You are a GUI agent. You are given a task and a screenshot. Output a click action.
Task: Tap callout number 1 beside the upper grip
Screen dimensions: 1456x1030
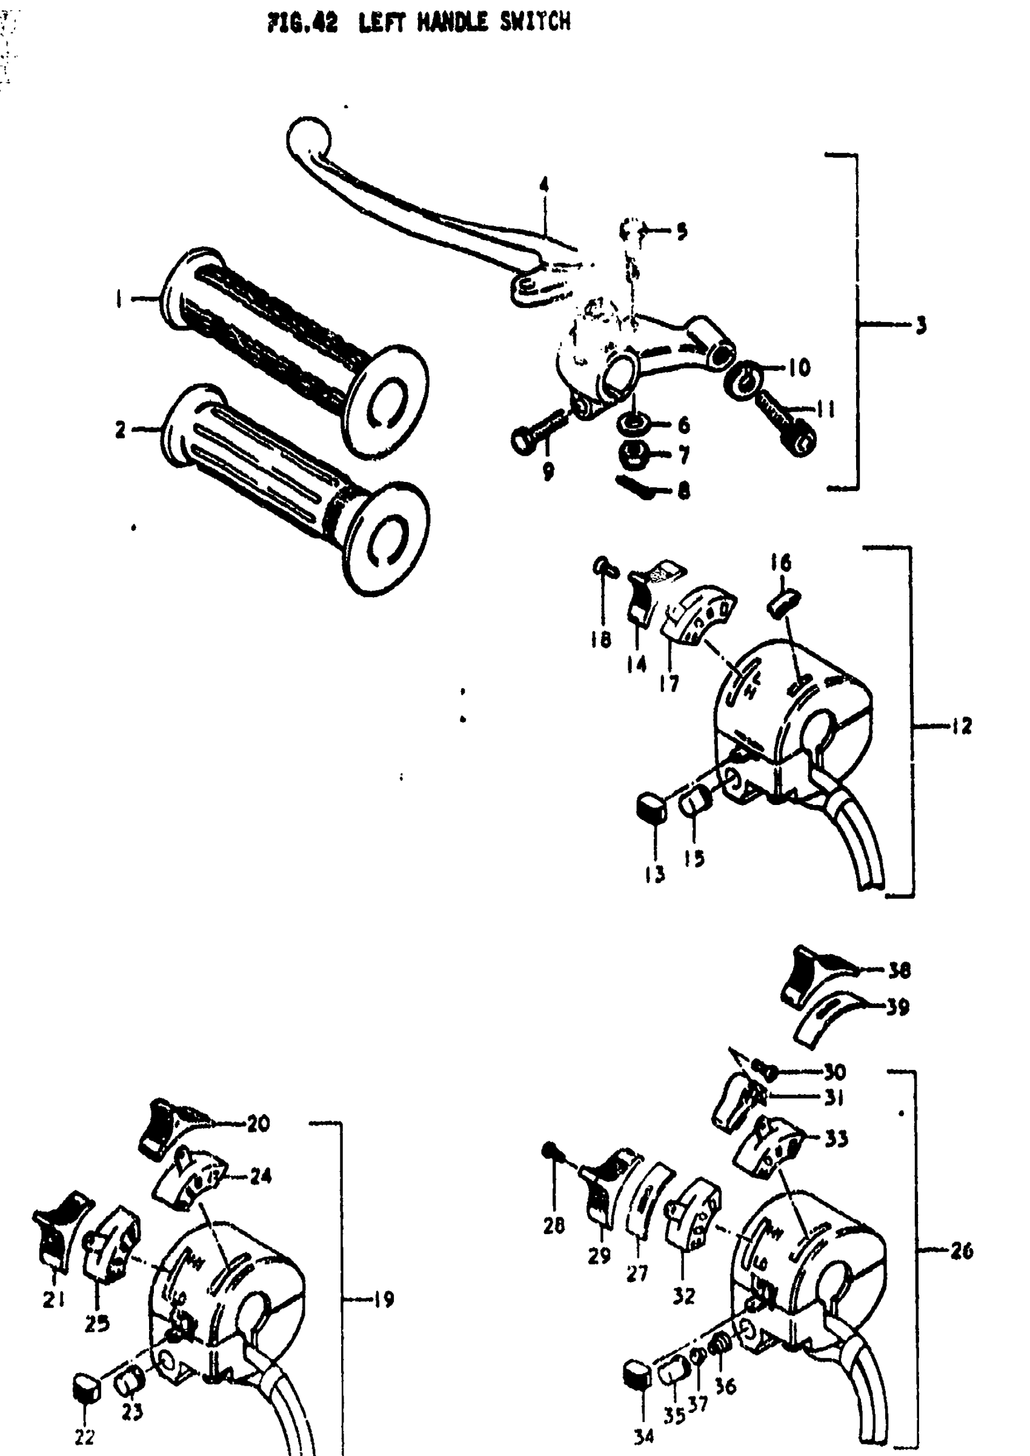tap(119, 299)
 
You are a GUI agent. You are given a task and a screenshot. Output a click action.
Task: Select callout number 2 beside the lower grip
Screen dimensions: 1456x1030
tap(121, 430)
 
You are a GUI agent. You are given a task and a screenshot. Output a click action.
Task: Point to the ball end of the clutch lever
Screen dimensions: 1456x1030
tap(308, 135)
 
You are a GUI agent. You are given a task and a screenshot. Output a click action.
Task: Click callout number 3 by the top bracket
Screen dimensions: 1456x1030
tap(921, 326)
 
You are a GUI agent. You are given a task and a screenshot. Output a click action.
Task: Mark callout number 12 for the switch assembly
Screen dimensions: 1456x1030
tap(962, 726)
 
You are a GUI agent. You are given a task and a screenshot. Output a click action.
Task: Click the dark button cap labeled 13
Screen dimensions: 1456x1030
tap(651, 808)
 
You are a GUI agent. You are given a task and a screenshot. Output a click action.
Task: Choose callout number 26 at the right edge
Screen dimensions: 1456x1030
tap(962, 1251)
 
